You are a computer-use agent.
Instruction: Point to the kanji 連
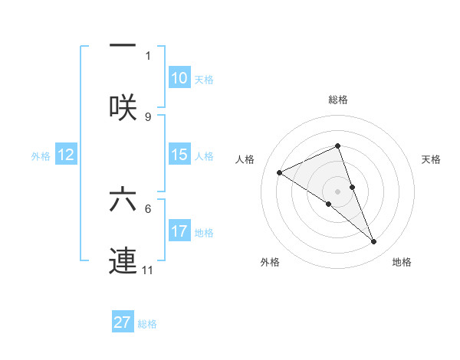[x=123, y=259]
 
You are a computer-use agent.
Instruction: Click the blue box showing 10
[x=179, y=78]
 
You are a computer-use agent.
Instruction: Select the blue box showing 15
[x=179, y=155]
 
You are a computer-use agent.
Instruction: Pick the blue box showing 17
[x=179, y=231]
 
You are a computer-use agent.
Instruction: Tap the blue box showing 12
[x=66, y=155]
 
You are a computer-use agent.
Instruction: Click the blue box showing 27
[x=123, y=322]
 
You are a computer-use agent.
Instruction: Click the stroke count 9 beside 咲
[x=148, y=116]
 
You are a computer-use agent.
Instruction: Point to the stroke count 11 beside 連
[x=148, y=270]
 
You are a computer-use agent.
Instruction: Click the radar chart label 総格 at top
[x=338, y=100]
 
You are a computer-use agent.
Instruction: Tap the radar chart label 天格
[x=432, y=159]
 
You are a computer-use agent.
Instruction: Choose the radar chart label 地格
[x=402, y=262]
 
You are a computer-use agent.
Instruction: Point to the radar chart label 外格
[x=270, y=262]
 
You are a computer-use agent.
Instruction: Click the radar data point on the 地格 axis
[x=374, y=242]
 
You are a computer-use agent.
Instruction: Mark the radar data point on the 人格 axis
[x=280, y=173]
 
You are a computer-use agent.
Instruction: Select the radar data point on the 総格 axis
[x=337, y=146]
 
